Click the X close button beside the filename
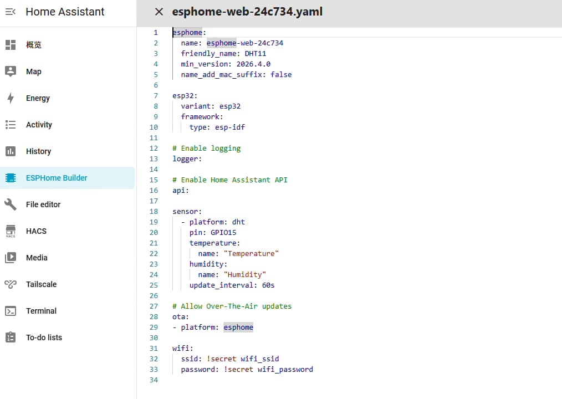[x=159, y=12]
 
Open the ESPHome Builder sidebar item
[x=68, y=178]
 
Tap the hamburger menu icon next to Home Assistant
[x=11, y=12]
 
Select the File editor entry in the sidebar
[x=43, y=204]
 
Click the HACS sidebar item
[x=36, y=231]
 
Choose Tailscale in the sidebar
[x=41, y=284]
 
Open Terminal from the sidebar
[x=41, y=311]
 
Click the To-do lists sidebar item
[x=44, y=337]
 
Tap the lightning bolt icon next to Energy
[x=11, y=98]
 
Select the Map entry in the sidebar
[x=34, y=71]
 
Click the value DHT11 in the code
[x=255, y=53]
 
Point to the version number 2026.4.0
[x=253, y=64]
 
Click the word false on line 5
[x=281, y=75]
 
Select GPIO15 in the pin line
[x=223, y=232]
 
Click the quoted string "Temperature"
[x=251, y=253]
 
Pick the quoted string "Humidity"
[x=245, y=275]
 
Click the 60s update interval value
[x=268, y=285]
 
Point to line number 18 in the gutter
[x=154, y=212]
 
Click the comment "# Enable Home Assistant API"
[x=230, y=180]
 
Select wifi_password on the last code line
[x=285, y=369]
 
